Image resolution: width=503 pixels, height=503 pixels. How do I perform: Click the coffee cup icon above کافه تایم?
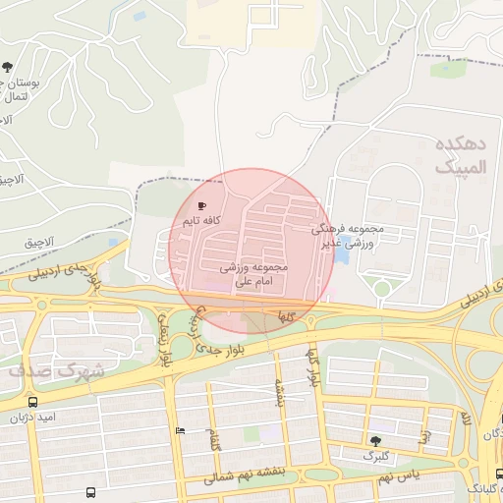coord(202,206)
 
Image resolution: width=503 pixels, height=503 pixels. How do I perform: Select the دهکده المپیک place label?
coord(460,155)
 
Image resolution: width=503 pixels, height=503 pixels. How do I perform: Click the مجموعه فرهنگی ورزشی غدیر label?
coord(353,235)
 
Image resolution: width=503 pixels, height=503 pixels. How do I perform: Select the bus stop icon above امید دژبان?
coord(33,402)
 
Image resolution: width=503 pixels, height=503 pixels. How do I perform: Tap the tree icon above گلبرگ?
coord(375,441)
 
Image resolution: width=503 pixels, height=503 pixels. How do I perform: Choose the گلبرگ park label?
coord(375,457)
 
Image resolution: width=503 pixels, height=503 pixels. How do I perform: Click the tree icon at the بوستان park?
coord(8,68)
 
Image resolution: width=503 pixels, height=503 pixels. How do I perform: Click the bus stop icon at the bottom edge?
coord(91,493)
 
